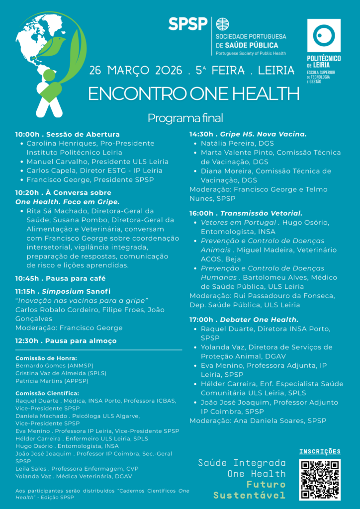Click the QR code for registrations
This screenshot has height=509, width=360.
(x=320, y=479)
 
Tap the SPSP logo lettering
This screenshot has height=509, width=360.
(x=187, y=24)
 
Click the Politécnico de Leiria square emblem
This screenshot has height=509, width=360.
(x=324, y=35)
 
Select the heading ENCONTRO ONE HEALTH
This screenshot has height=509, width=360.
(x=194, y=93)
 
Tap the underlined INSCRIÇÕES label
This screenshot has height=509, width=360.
(x=320, y=451)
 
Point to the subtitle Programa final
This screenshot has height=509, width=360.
(x=185, y=118)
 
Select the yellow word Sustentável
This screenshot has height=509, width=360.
(x=250, y=495)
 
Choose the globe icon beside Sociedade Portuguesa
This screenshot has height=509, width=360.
(x=222, y=24)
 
